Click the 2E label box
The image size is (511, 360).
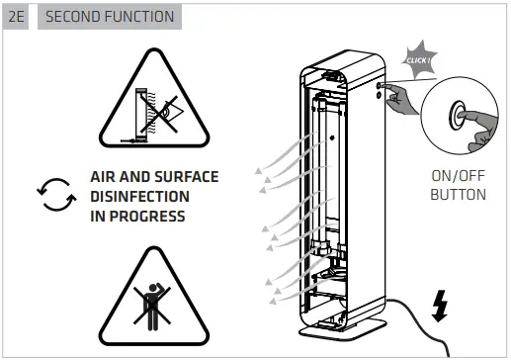point(18,17)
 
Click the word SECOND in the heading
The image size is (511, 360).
point(74,17)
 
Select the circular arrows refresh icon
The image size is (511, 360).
point(54,195)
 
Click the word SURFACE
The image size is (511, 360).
point(185,177)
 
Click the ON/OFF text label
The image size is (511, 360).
point(458,176)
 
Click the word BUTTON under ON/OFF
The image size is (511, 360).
point(458,195)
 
